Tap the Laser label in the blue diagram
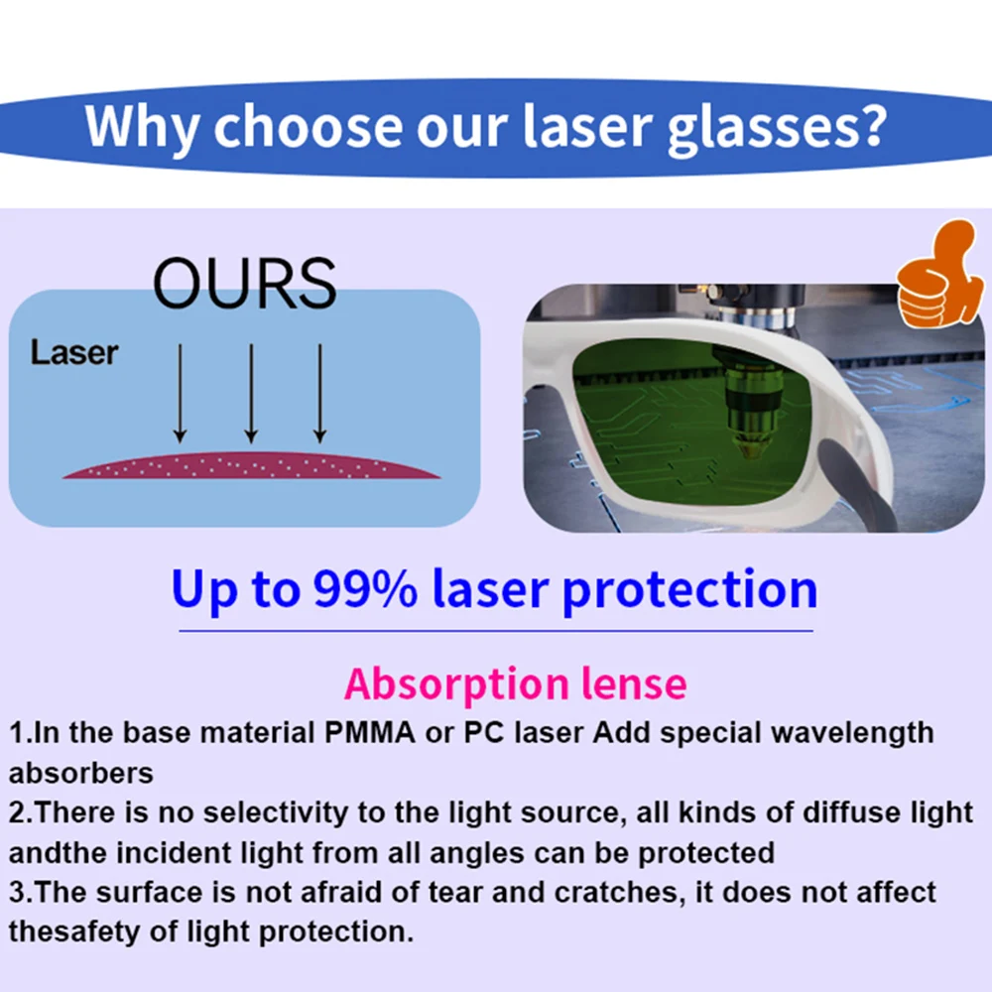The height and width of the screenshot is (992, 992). pyautogui.click(x=74, y=352)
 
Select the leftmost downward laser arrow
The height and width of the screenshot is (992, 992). pyautogui.click(x=180, y=392)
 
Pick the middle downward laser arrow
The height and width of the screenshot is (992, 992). pyautogui.click(x=251, y=392)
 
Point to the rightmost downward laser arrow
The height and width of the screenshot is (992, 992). pyautogui.click(x=319, y=392)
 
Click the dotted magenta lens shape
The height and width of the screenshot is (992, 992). pyautogui.click(x=251, y=466)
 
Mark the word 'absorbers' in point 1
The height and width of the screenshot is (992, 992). pyautogui.click(x=81, y=773)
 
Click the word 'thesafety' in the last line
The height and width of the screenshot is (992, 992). pyautogui.click(x=76, y=931)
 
